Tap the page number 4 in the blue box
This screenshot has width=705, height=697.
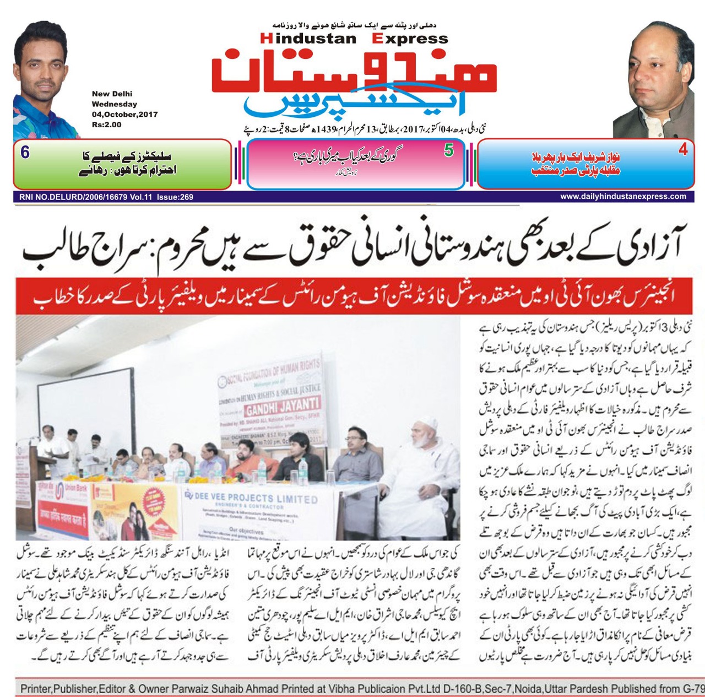(683, 149)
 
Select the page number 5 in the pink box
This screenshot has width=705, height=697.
(449, 150)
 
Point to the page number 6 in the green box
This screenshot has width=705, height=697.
(25, 152)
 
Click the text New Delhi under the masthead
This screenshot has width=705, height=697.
(112, 94)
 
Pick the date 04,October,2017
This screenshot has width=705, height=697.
(124, 115)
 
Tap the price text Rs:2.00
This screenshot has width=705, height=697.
(106, 125)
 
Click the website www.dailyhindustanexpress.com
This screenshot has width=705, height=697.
(623, 196)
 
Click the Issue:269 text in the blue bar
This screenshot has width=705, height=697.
(175, 197)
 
